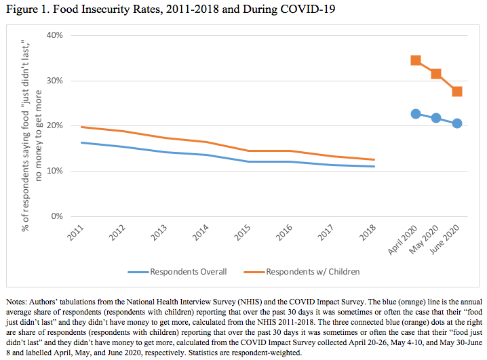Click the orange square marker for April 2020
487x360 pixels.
click(x=416, y=60)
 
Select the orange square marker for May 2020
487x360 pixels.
click(x=436, y=74)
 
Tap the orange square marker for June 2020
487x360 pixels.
click(x=457, y=92)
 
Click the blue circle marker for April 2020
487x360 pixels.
click(x=416, y=114)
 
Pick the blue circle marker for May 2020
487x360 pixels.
click(x=436, y=118)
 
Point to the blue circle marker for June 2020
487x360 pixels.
click(x=457, y=123)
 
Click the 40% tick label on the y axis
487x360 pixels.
click(x=55, y=35)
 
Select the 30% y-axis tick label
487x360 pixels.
click(x=55, y=81)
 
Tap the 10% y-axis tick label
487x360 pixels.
click(x=55, y=171)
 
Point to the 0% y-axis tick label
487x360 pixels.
click(x=57, y=216)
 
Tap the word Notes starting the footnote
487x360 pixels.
click(x=16, y=300)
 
